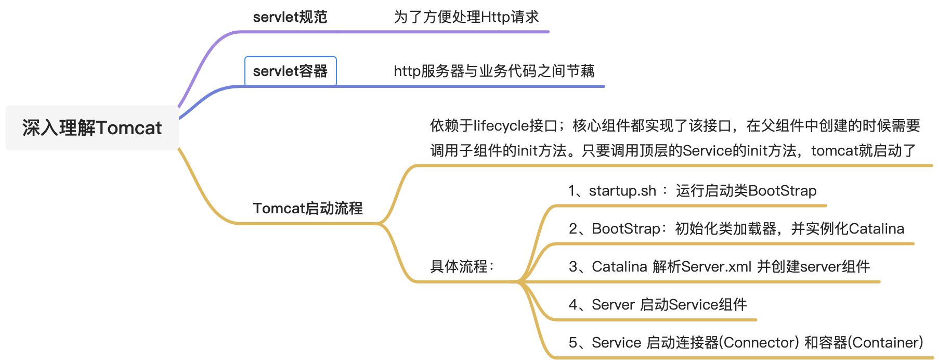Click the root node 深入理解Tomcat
pyautogui.click(x=92, y=128)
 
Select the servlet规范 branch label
pyautogui.click(x=290, y=17)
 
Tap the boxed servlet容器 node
pyautogui.click(x=290, y=71)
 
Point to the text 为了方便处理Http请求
pyautogui.click(x=466, y=17)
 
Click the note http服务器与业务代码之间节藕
pyautogui.click(x=494, y=71)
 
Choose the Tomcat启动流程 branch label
pyautogui.click(x=308, y=209)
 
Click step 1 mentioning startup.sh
pyautogui.click(x=692, y=191)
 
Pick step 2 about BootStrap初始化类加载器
pyautogui.click(x=736, y=229)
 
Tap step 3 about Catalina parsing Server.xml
pyautogui.click(x=719, y=267)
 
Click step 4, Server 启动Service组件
pyautogui.click(x=658, y=305)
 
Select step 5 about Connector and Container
pyautogui.click(x=746, y=343)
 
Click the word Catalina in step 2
pyautogui.click(x=877, y=229)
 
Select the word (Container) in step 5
pyautogui.click(x=885, y=343)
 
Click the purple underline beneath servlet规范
pyautogui.click(x=395, y=32)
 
